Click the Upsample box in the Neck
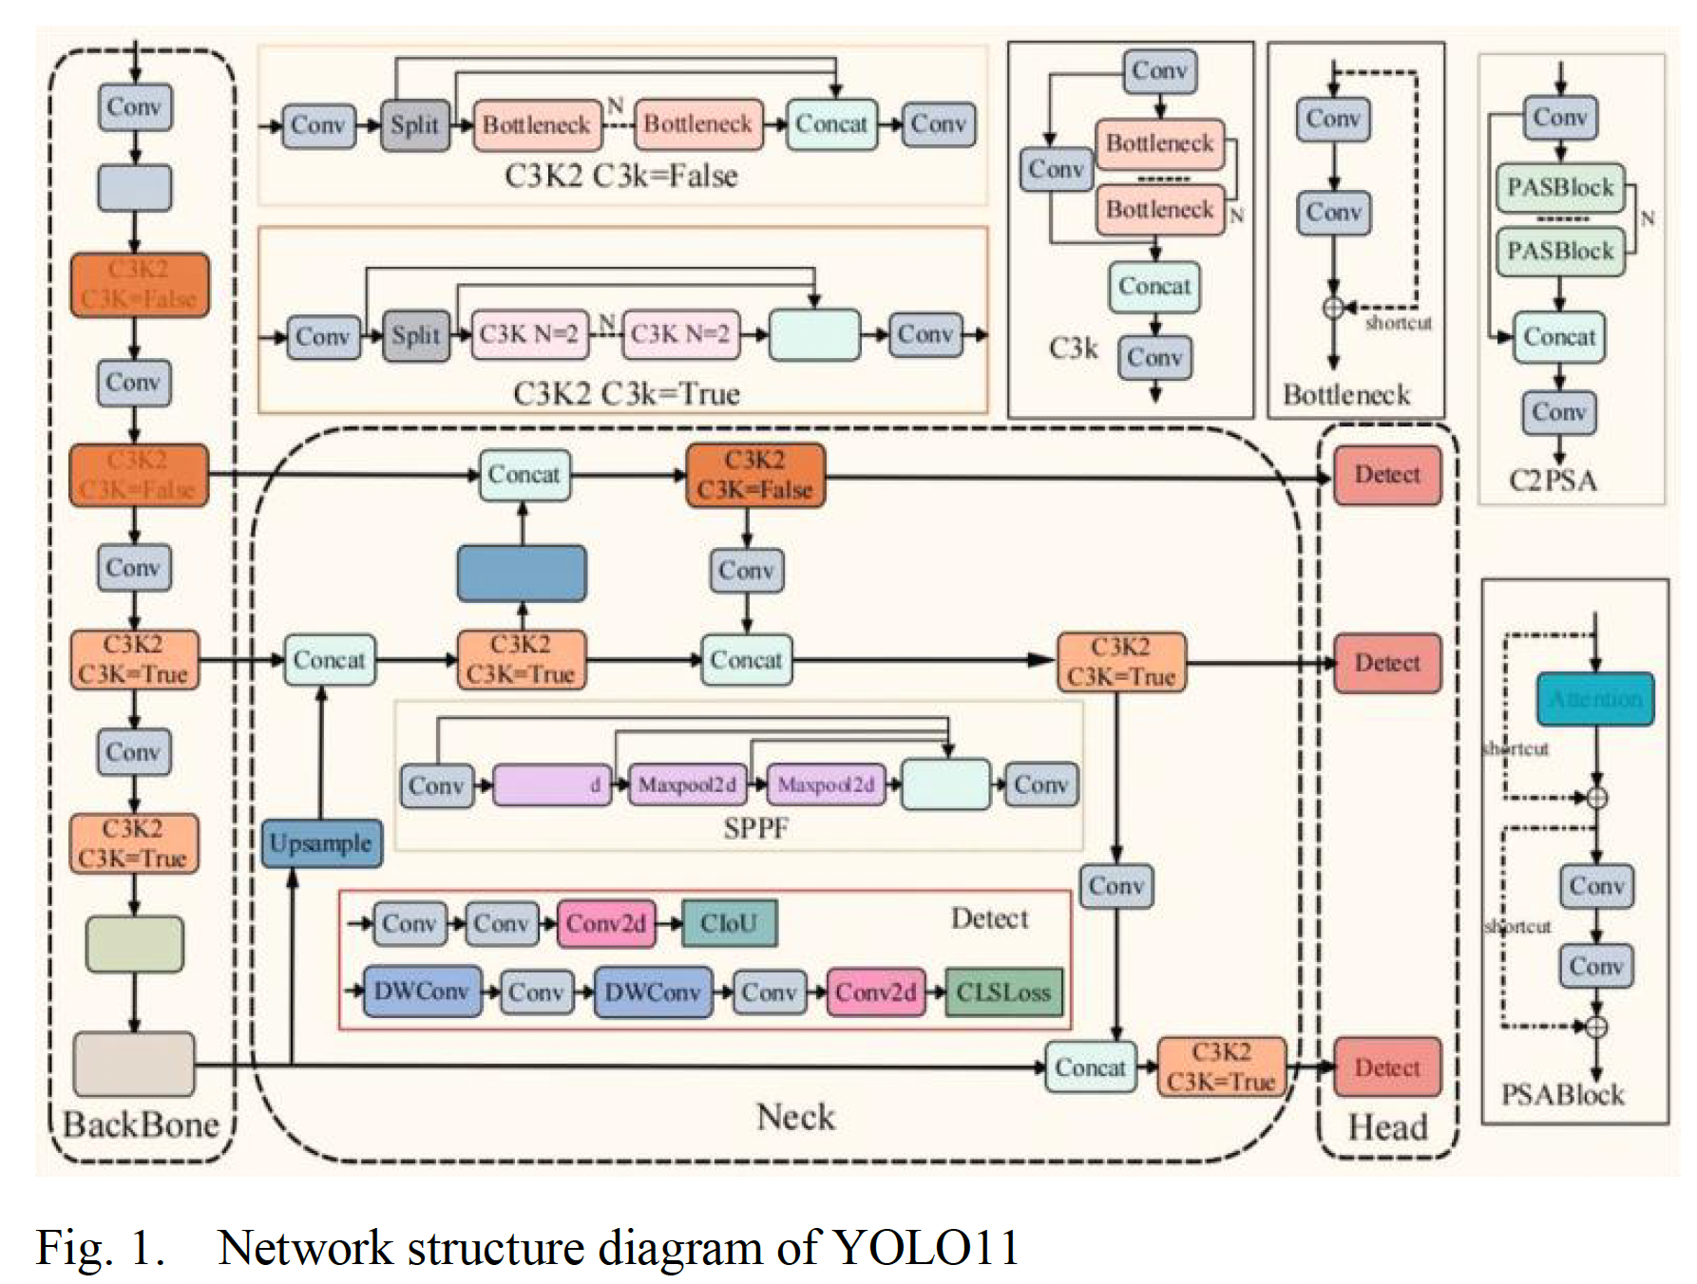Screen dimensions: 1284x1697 coord(321,843)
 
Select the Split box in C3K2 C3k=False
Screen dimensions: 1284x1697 coord(415,124)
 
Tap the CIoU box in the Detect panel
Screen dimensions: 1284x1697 coord(729,923)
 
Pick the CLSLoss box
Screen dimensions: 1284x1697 coord(1003,992)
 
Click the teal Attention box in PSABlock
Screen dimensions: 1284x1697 coord(1595,699)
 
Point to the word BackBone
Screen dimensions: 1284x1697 coord(141,1124)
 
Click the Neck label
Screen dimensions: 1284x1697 coord(795,1117)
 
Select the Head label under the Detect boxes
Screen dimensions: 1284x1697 coord(1387,1127)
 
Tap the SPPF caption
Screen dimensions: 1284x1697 coord(755,828)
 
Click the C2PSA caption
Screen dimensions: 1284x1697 coord(1553,480)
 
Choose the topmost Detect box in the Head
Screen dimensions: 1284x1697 coord(1387,474)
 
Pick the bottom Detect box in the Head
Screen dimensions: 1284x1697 coord(1387,1067)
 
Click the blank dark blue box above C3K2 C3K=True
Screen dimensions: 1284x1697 coord(522,573)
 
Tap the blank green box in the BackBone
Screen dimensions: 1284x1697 coord(135,943)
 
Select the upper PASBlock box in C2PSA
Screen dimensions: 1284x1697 coord(1560,187)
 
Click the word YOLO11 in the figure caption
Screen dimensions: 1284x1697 coord(925,1247)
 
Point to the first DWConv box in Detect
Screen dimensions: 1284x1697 coord(421,992)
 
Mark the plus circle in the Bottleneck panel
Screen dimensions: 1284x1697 coord(1333,308)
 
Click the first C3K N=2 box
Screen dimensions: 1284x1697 coord(528,334)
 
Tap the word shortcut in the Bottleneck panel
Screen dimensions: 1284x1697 coord(1398,323)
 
